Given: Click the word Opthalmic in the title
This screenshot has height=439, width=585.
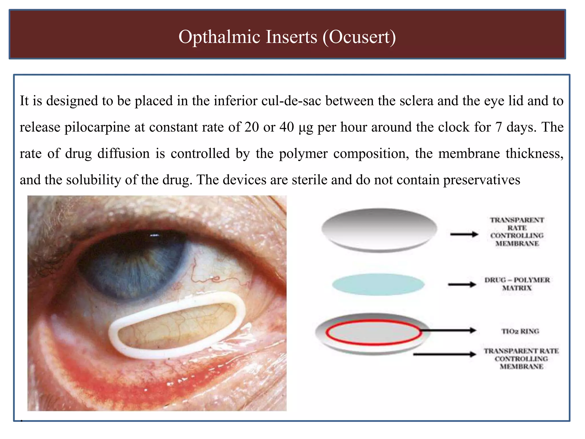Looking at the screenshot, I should coord(219,37).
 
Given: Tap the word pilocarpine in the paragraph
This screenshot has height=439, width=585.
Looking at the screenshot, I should coord(97,127).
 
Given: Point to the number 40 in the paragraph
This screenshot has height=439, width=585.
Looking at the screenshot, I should coord(287,127).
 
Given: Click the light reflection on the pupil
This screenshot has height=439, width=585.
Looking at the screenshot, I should coord(155,236).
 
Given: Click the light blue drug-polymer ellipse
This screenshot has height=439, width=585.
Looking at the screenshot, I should coord(378,284).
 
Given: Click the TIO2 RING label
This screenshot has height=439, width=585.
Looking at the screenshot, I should coord(520,331).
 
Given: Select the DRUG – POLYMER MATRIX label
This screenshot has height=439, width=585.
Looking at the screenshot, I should coord(517,284).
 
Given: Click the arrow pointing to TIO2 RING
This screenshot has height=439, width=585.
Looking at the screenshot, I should coord(448,330).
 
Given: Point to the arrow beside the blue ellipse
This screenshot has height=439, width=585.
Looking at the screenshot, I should coord(462,284).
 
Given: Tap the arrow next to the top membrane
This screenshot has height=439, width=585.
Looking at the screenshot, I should coord(464,234).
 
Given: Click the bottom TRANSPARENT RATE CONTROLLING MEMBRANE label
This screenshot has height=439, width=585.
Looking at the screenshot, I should coord(521,359).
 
